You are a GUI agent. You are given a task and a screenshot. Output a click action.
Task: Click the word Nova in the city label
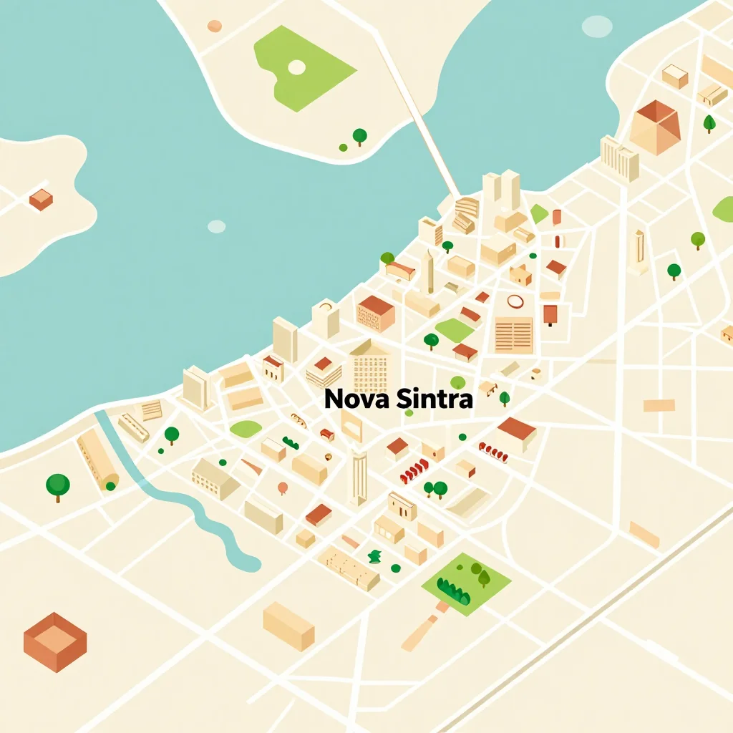click(350, 399)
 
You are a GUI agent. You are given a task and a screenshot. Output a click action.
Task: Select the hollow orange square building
click(54, 641)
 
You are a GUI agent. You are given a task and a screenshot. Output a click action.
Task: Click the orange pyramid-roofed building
click(656, 127)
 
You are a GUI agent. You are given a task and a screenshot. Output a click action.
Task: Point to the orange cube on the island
click(41, 199)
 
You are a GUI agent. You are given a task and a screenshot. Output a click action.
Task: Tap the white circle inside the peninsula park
click(296, 67)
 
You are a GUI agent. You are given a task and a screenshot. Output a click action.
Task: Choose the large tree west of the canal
click(58, 485)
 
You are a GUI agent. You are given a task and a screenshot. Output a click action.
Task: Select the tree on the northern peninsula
click(359, 135)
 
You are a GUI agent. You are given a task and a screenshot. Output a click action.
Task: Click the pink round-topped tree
click(283, 488)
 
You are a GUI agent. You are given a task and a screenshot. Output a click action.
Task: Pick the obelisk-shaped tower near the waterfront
click(429, 271)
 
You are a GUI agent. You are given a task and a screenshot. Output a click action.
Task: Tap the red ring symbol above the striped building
click(515, 301)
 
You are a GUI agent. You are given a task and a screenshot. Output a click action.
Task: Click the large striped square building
click(513, 335)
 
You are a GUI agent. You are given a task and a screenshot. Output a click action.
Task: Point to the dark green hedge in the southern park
click(452, 591)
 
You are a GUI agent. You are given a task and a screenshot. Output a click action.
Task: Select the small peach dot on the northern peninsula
click(214, 26)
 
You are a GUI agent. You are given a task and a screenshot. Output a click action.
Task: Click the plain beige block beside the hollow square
click(288, 626)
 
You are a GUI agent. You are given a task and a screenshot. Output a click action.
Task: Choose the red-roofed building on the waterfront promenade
click(376, 313)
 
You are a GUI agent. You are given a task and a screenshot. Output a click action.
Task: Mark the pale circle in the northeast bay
click(596, 26)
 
